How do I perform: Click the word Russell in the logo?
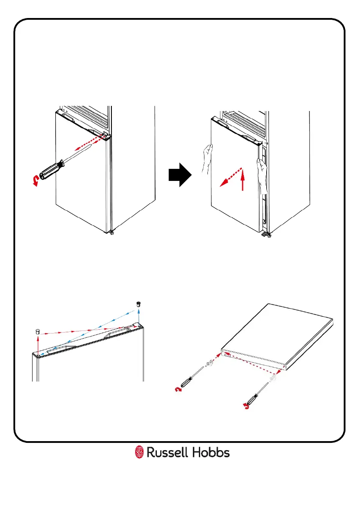[169, 452]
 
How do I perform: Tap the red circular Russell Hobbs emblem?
[139, 452]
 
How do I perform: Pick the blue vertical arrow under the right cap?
[139, 316]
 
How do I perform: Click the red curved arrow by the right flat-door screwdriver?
[246, 405]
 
